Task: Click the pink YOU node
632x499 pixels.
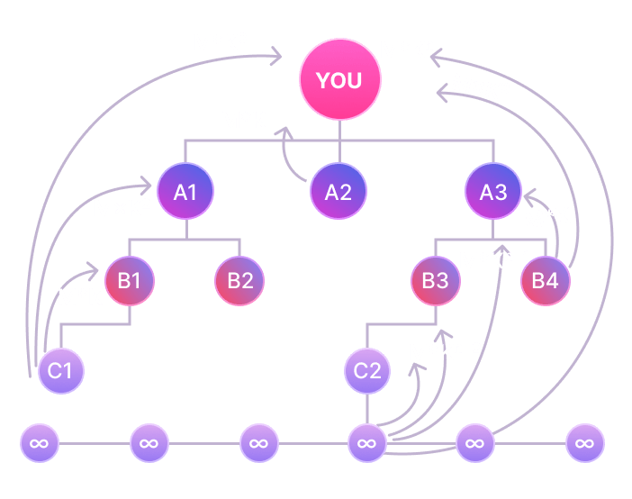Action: (339, 80)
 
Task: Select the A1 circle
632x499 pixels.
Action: (185, 191)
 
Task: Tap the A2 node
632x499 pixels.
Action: (339, 191)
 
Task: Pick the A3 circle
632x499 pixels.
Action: (493, 191)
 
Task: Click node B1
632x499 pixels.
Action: (131, 280)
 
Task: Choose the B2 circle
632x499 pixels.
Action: (239, 280)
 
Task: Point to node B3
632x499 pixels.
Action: (436, 280)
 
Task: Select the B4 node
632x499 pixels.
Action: (546, 280)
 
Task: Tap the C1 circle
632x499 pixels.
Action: (61, 370)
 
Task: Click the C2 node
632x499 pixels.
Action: (367, 370)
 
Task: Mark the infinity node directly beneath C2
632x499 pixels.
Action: (367, 443)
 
